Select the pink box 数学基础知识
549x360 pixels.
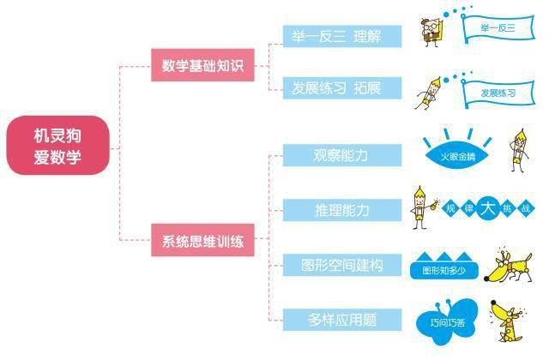[203, 64]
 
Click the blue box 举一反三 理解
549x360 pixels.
[342, 36]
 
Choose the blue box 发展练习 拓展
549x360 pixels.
[342, 88]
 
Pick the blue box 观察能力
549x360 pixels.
[342, 155]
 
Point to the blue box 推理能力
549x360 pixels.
[342, 210]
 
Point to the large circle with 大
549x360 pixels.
[489, 207]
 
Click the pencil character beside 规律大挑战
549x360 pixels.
[420, 206]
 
